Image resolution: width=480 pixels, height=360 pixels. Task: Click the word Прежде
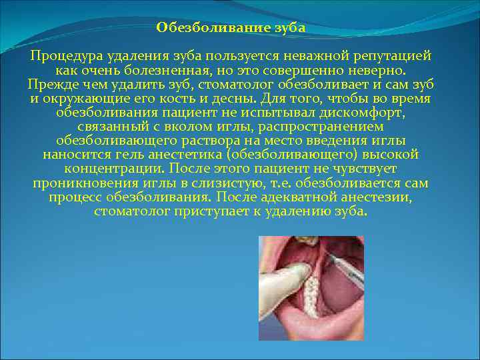pos(51,85)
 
